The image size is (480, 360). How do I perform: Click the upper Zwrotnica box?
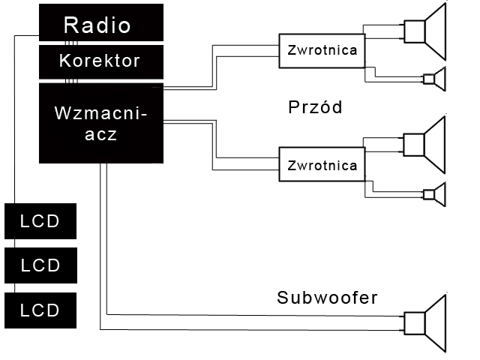(322, 50)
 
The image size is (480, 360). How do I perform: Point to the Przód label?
(315, 107)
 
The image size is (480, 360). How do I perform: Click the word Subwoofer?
(327, 298)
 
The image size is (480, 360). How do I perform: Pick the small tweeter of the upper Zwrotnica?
(434, 78)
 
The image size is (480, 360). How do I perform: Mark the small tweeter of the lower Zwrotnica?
(434, 193)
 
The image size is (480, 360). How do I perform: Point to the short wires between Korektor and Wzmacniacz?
(70, 79)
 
